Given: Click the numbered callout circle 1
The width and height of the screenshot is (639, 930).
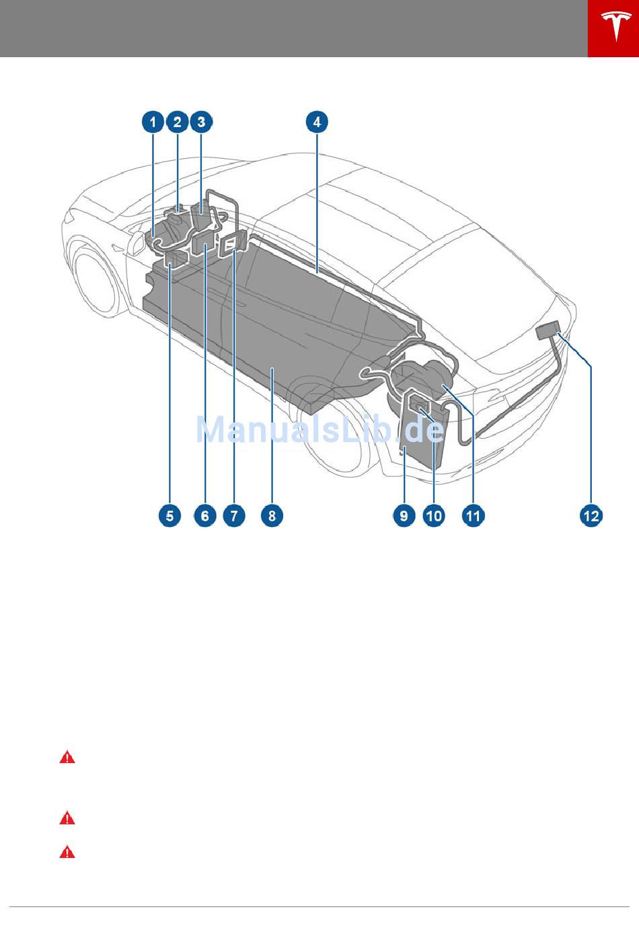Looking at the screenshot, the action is (x=153, y=122).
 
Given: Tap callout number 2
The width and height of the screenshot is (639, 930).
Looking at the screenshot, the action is (x=177, y=122).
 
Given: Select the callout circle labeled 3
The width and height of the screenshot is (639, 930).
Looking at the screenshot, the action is (x=201, y=122).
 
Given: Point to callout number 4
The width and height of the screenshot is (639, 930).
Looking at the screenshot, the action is (x=317, y=122).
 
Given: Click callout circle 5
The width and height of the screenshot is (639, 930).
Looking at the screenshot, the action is (x=170, y=515).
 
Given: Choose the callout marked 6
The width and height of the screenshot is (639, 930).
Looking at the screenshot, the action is (x=205, y=515).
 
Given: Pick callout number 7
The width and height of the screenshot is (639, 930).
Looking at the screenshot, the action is (x=234, y=515).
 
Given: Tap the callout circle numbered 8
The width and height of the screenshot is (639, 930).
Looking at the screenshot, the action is (x=272, y=515).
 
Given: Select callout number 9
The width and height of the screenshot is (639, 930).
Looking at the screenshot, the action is (x=404, y=515).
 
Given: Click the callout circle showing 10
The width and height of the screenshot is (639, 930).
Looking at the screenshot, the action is (x=434, y=515).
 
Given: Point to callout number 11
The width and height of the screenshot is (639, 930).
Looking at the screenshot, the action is (x=473, y=515).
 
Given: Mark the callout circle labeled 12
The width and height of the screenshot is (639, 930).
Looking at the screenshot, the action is (x=591, y=515).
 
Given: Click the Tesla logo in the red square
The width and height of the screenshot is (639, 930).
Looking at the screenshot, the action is (x=616, y=26).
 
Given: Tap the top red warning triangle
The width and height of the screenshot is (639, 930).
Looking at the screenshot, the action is (x=67, y=758).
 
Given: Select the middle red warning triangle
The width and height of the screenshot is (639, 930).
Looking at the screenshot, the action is (x=67, y=818).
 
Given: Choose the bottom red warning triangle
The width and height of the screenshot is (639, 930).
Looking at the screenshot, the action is (x=67, y=852).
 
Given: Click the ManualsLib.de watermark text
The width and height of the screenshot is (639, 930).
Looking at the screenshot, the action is (x=320, y=430).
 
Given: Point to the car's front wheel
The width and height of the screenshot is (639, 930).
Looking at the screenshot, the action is (x=96, y=276).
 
